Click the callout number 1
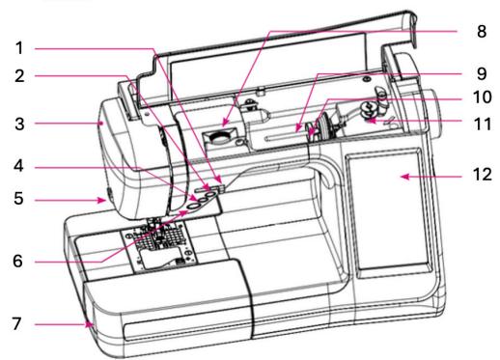click(x=19, y=48)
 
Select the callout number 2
click(x=19, y=76)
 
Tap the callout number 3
click(x=19, y=124)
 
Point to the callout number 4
click(x=19, y=166)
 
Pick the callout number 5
click(x=19, y=198)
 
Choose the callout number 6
click(x=18, y=261)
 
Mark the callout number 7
click(x=17, y=323)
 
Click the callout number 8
click(x=482, y=31)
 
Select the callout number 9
click(x=482, y=73)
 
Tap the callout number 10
click(x=483, y=97)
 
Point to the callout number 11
click(x=483, y=124)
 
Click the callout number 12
click(x=483, y=175)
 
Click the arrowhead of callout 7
click(x=88, y=324)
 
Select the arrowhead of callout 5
click(x=102, y=200)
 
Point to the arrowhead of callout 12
click(x=404, y=177)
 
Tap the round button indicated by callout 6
click(x=193, y=207)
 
